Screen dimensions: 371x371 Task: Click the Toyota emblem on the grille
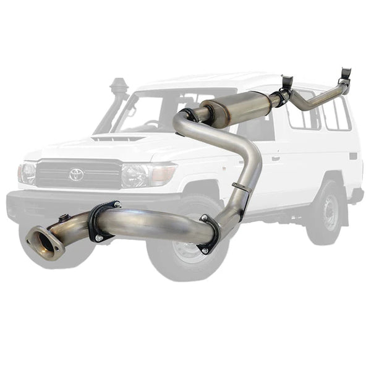tap(76, 174)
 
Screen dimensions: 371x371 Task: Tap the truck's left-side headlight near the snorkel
tap(27, 173)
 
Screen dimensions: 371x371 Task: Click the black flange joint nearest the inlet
tap(98, 221)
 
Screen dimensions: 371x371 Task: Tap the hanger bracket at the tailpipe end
tap(345, 77)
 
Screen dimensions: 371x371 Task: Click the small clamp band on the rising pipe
tap(241, 187)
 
